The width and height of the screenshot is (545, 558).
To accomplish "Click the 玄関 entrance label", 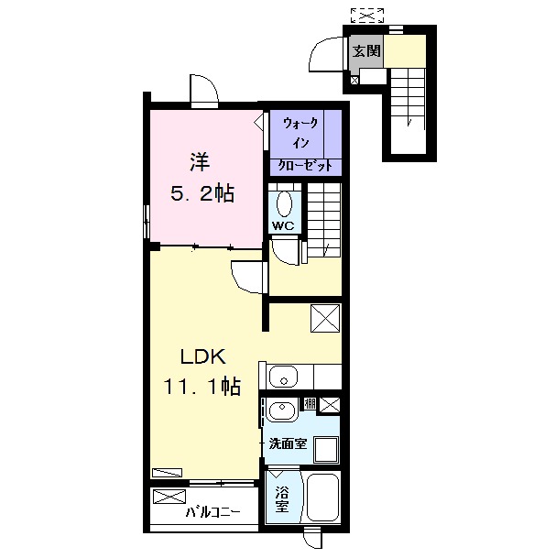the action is click(x=366, y=51).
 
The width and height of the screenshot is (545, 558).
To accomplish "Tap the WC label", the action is click(x=283, y=225).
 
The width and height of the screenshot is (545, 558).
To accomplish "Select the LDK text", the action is click(x=203, y=356).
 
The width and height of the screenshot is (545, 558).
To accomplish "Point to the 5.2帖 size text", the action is click(x=202, y=194).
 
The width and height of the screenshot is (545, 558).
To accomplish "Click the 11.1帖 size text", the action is click(x=202, y=387).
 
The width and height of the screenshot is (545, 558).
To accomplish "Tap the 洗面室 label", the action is click(x=288, y=443).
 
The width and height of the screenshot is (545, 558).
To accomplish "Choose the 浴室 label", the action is click(x=281, y=498).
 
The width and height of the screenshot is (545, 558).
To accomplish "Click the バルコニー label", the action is click(x=213, y=512).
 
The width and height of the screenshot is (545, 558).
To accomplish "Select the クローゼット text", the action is click(x=305, y=166).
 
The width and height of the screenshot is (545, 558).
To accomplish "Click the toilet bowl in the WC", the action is click(x=284, y=204).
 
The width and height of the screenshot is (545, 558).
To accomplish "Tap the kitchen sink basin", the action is click(x=284, y=377).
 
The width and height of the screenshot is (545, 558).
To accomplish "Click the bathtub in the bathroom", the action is click(x=322, y=497).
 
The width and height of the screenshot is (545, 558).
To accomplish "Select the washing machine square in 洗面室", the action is click(x=325, y=449).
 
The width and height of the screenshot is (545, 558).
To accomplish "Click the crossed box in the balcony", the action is click(x=169, y=497).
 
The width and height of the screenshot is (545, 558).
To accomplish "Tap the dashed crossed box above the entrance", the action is click(x=367, y=15).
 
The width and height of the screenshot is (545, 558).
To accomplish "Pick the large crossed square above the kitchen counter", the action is click(x=325, y=318).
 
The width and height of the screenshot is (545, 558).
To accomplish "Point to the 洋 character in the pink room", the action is click(x=200, y=161).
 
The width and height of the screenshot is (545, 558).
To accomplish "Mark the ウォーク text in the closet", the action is click(x=300, y=123).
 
